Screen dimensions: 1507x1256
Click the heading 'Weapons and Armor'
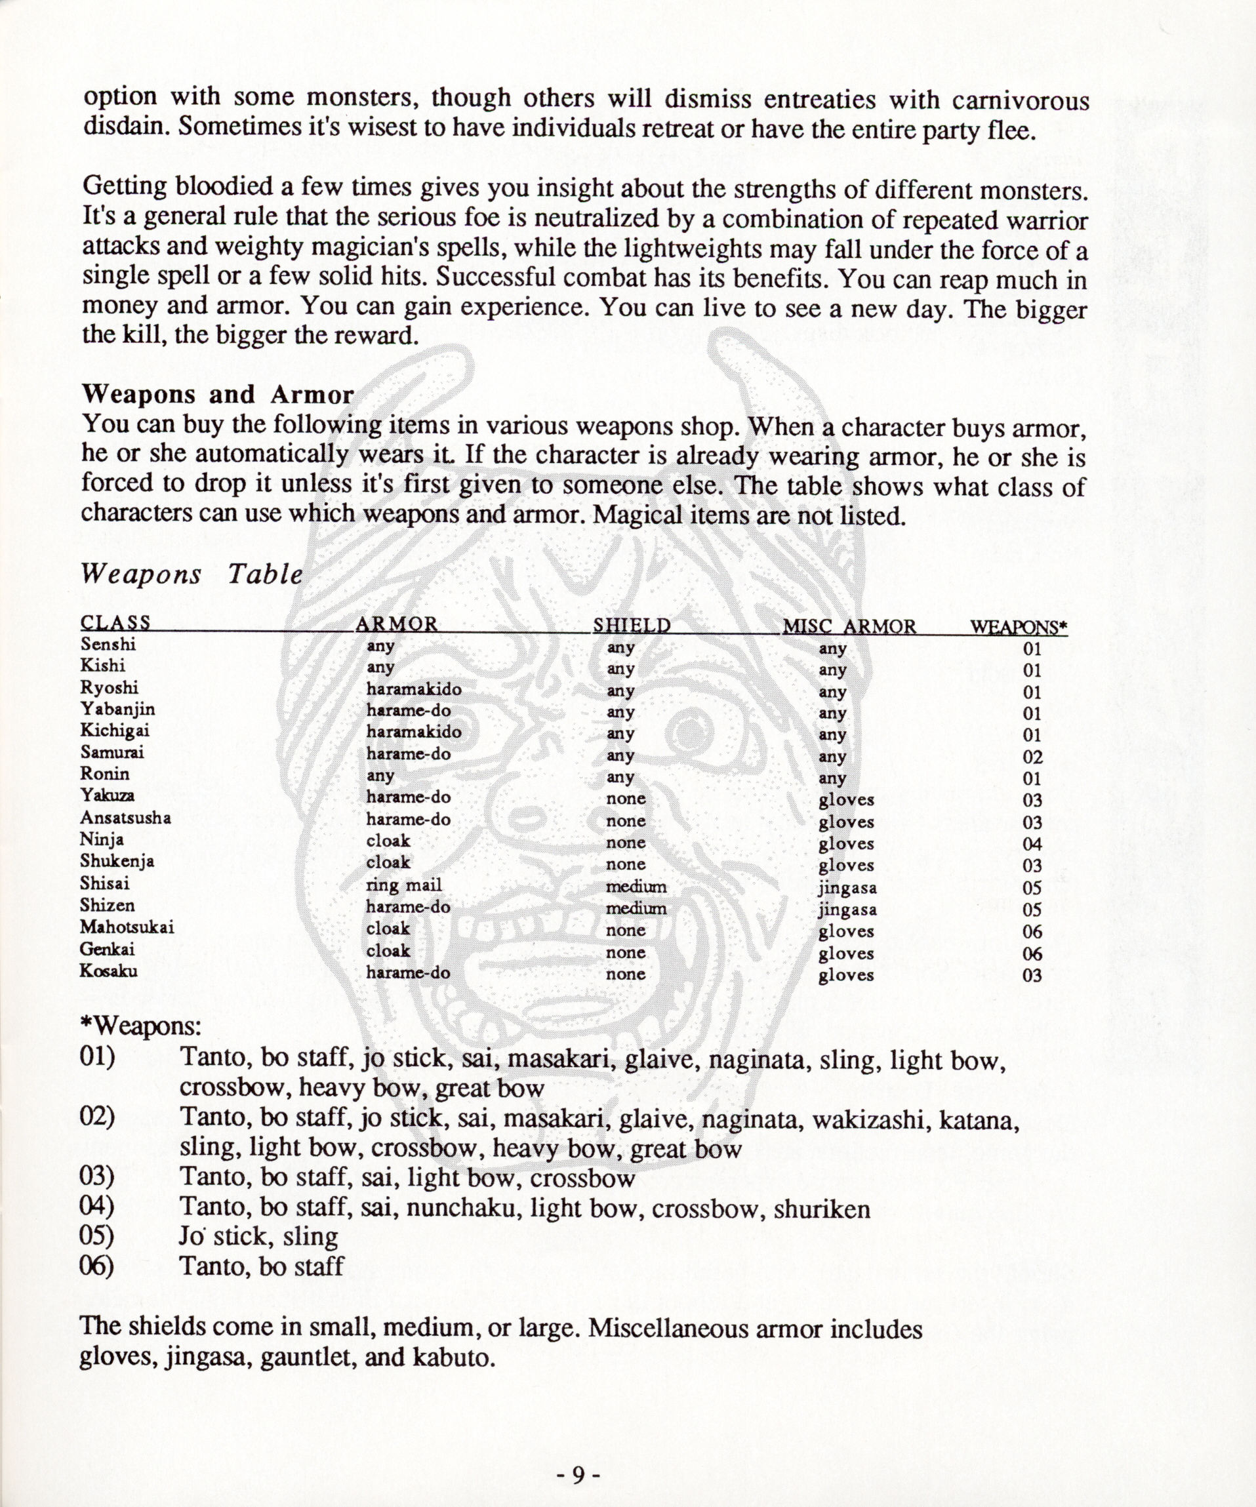(x=218, y=394)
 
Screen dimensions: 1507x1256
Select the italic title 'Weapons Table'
(x=192, y=574)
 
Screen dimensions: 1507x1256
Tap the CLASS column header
(x=115, y=622)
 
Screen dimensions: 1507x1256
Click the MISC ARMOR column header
(x=849, y=626)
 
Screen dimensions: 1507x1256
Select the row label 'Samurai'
(x=112, y=752)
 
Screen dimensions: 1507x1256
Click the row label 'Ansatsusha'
(x=126, y=817)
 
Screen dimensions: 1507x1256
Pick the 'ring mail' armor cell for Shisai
(x=404, y=885)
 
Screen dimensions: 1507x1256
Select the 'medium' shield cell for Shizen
(x=636, y=908)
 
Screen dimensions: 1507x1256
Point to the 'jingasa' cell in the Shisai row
(x=847, y=888)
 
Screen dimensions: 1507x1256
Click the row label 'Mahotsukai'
(x=127, y=927)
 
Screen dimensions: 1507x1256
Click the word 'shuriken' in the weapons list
(x=822, y=1209)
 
